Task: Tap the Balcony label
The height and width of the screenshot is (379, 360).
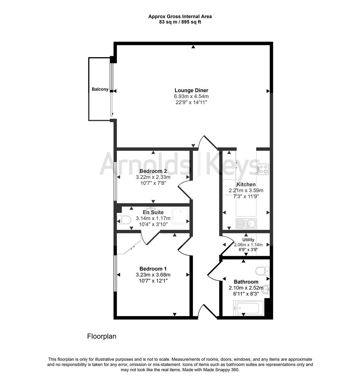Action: click(100, 89)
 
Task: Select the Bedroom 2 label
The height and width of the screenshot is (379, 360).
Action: click(153, 171)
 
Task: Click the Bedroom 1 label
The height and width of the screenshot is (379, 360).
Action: click(153, 269)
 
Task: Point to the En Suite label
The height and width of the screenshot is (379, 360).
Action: click(153, 212)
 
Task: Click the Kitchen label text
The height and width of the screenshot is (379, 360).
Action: click(246, 184)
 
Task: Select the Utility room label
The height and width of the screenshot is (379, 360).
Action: click(246, 240)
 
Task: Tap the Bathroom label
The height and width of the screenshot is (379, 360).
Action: click(246, 282)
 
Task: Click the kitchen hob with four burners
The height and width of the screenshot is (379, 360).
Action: click(263, 169)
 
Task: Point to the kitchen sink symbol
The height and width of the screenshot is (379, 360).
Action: click(246, 223)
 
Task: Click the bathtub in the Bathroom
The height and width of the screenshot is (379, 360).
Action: click(246, 308)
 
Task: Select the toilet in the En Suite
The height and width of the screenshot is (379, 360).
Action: click(124, 220)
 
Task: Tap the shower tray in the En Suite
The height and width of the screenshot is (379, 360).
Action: click(180, 215)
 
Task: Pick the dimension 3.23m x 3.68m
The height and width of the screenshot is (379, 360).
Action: click(153, 275)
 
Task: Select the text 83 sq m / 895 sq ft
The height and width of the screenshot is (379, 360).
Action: click(180, 22)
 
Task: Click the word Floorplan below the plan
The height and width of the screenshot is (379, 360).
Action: click(101, 336)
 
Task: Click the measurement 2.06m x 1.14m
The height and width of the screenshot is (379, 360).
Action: click(246, 245)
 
